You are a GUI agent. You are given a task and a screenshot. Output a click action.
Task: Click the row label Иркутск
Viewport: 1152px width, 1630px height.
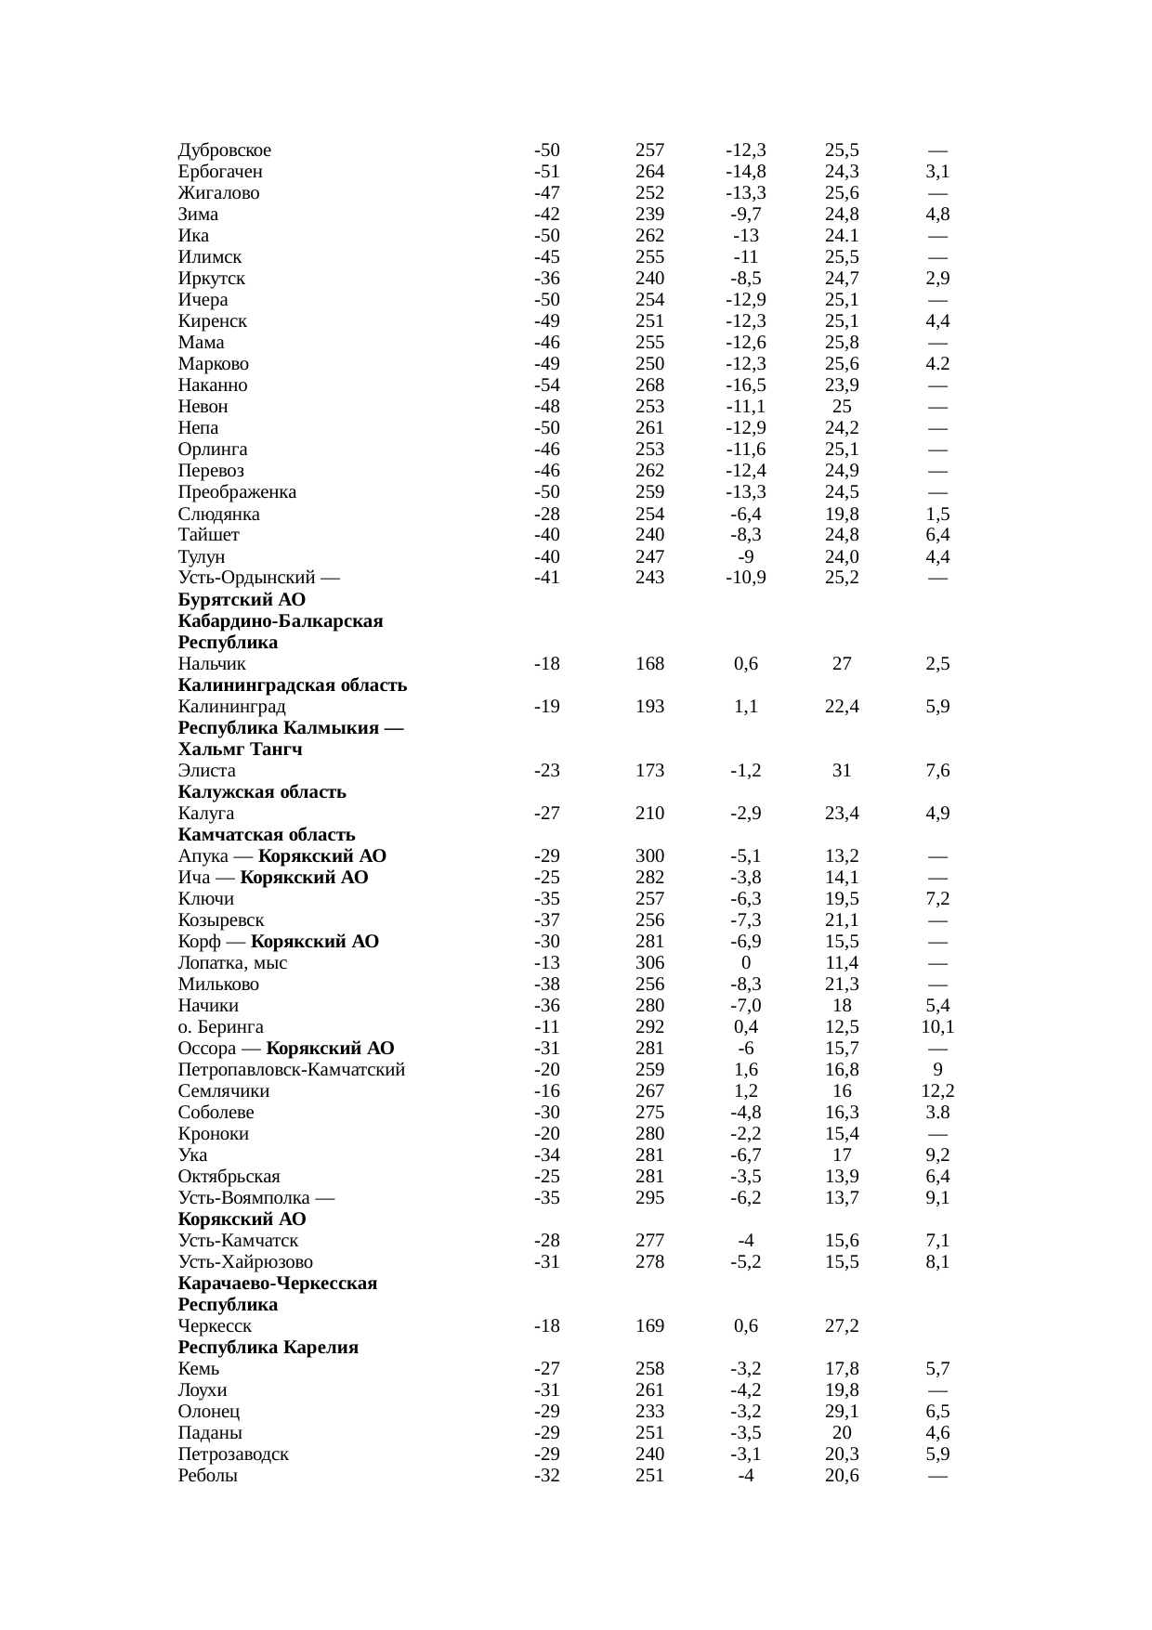pos(212,279)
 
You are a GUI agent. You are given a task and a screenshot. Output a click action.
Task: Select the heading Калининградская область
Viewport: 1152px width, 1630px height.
pos(293,685)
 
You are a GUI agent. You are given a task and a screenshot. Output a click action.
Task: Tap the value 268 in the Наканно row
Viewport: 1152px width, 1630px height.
pos(649,385)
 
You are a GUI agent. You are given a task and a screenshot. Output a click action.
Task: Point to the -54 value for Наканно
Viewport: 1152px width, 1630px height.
pos(547,385)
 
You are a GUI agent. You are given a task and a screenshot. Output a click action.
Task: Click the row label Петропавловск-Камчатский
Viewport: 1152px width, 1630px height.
pos(292,1070)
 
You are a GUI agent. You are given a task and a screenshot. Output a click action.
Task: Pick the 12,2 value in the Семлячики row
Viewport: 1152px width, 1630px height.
pos(937,1091)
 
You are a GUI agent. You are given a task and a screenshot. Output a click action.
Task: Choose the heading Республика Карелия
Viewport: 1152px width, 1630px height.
pos(268,1348)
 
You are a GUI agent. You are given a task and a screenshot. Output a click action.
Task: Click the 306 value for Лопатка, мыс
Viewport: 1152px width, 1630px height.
pos(649,963)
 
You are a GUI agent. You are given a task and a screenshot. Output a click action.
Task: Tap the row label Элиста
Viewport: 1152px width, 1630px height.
pos(207,771)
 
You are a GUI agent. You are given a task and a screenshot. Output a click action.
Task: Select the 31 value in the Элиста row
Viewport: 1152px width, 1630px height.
pos(842,771)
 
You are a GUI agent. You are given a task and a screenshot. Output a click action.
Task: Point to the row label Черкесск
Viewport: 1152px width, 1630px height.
pos(215,1326)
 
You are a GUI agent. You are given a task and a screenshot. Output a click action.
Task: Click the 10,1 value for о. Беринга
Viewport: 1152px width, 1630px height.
pos(937,1027)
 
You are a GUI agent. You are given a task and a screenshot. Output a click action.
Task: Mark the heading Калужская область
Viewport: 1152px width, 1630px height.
pos(262,792)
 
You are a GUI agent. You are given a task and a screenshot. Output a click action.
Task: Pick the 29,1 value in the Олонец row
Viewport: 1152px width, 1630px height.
pos(842,1412)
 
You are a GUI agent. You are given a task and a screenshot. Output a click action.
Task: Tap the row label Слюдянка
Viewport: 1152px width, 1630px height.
pos(219,515)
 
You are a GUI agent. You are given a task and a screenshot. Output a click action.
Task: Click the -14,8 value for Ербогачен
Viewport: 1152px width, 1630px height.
pos(745,172)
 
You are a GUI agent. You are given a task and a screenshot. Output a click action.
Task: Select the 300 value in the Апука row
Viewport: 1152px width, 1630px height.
pos(649,856)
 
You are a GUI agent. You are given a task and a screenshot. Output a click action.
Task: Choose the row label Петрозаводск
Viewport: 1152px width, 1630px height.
pos(233,1454)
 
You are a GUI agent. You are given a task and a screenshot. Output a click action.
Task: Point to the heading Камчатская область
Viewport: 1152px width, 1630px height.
pos(267,835)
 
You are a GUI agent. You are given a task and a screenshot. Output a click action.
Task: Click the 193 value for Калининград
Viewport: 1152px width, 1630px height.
pos(649,707)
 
